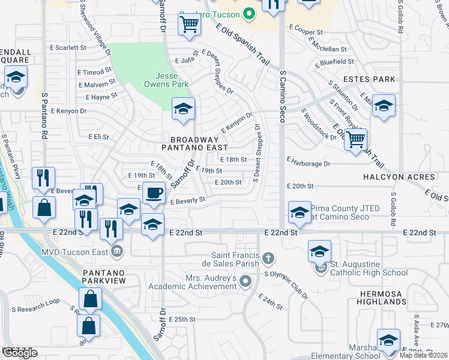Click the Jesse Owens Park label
tap(172, 80)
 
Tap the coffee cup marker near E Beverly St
tap(154, 193)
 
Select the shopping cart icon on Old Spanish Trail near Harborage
tap(356, 139)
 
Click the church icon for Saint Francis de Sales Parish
tap(268, 259)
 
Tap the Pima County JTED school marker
tap(300, 212)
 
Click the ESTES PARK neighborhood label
tap(369, 79)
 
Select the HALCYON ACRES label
tap(399, 177)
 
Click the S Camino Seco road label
tap(282, 96)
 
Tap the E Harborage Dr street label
tap(309, 162)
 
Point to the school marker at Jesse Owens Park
tap(183, 109)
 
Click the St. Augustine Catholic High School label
tap(369, 268)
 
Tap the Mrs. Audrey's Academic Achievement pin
tap(246, 280)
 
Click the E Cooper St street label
tap(306, 28)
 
